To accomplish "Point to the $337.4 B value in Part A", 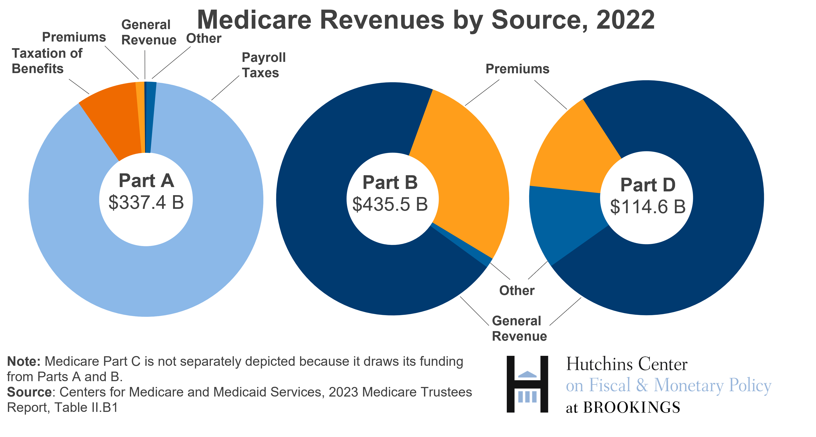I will pos(146,202).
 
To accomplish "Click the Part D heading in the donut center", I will pos(648,185).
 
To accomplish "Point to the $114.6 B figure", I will pos(648,207).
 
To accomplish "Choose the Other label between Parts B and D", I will pos(517,290).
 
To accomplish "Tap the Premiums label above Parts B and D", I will pos(517,69).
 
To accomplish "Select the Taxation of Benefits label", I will pos(47,61).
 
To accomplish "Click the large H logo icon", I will pos(527,384).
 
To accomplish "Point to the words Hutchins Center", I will pos(627,364).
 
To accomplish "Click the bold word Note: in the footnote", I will pos(24,361).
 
